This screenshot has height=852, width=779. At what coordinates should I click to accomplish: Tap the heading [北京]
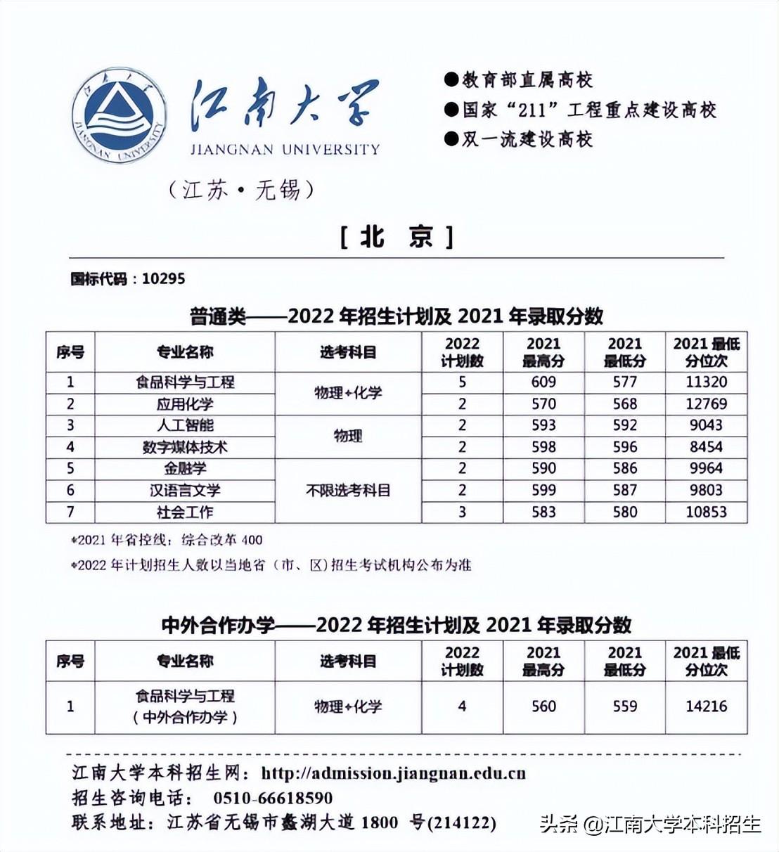tap(397, 238)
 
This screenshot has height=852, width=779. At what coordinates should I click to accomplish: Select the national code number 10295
tap(163, 279)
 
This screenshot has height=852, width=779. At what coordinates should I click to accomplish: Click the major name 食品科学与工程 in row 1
tap(185, 382)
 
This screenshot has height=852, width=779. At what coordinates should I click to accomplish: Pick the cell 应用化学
tap(185, 404)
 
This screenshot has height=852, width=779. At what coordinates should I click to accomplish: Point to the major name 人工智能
tap(185, 425)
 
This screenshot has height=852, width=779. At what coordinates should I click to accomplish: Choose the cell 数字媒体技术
tap(185, 447)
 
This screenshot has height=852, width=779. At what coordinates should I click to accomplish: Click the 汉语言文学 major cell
tap(185, 490)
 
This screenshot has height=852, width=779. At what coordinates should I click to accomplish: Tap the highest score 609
tap(543, 382)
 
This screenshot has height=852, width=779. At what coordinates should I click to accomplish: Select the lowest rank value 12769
tap(706, 404)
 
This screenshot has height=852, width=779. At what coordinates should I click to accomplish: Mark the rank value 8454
tap(706, 447)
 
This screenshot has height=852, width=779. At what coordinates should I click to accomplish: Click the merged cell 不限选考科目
tap(348, 491)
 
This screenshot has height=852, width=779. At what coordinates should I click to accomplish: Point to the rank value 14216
tap(706, 706)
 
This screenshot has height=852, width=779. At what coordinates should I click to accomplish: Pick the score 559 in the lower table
tap(624, 706)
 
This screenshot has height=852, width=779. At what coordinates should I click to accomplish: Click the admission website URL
tap(393, 774)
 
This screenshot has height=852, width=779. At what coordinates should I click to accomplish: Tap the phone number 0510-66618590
tap(273, 799)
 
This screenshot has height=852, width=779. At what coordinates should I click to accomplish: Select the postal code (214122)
tap(462, 822)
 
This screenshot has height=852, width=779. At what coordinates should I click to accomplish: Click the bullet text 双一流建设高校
tap(527, 139)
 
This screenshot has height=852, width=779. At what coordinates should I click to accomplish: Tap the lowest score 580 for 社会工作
tap(624, 512)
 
